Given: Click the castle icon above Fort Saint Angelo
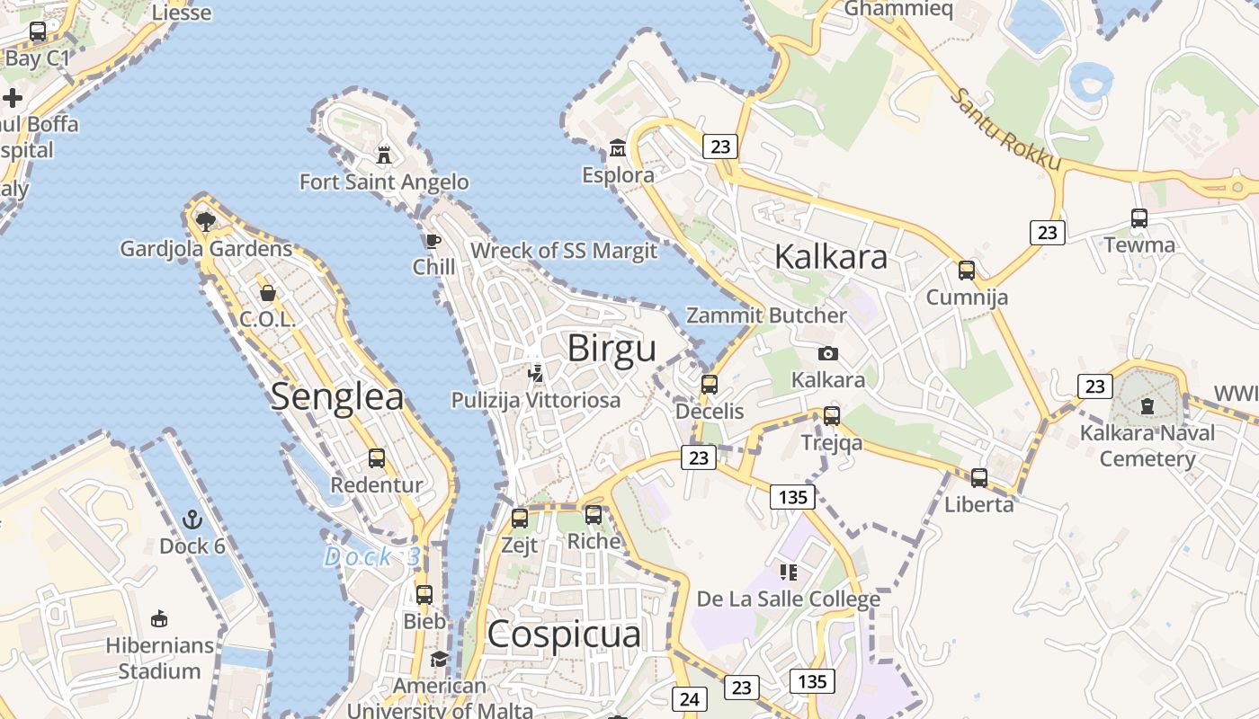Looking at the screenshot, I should tap(384, 155).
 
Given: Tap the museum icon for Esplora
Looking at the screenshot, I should tap(618, 147).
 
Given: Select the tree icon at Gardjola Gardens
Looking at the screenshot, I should tap(205, 221).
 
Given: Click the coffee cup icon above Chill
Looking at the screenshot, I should tap(433, 241).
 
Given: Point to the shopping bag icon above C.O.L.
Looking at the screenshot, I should tap(267, 293).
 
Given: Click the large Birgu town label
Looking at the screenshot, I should tap(612, 349).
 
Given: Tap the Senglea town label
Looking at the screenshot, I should tap(337, 396).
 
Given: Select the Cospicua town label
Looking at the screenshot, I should tap(564, 635).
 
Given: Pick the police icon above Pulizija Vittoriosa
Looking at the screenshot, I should tap(536, 373).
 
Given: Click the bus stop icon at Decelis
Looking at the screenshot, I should tap(710, 385).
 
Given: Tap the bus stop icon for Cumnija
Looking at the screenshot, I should tap(967, 270).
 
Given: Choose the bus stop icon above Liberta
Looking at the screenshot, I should tap(979, 478).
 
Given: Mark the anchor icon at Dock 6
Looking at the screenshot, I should tap(192, 519).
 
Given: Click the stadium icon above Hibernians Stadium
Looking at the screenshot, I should tap(159, 618).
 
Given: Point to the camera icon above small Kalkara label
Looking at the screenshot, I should tap(828, 353).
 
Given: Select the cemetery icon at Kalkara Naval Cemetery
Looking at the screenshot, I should tap(1147, 406).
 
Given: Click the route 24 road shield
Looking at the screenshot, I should tap(690, 698).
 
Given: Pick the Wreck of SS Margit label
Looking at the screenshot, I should tap(564, 251).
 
